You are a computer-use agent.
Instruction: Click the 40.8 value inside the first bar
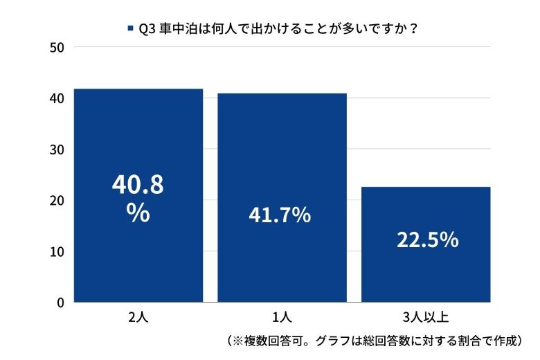(138, 186)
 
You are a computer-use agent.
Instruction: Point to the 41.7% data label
(280, 215)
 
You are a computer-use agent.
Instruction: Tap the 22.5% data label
(427, 240)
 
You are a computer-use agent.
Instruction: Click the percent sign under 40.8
(138, 213)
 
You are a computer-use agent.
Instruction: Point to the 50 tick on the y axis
(57, 47)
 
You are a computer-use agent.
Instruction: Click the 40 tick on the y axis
(57, 98)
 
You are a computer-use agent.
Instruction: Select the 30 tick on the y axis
(57, 150)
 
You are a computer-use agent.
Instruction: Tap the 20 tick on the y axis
(57, 200)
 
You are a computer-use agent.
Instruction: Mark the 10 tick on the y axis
(57, 251)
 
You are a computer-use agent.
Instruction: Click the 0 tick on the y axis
(60, 303)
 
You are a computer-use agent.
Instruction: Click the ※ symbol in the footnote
(237, 341)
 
